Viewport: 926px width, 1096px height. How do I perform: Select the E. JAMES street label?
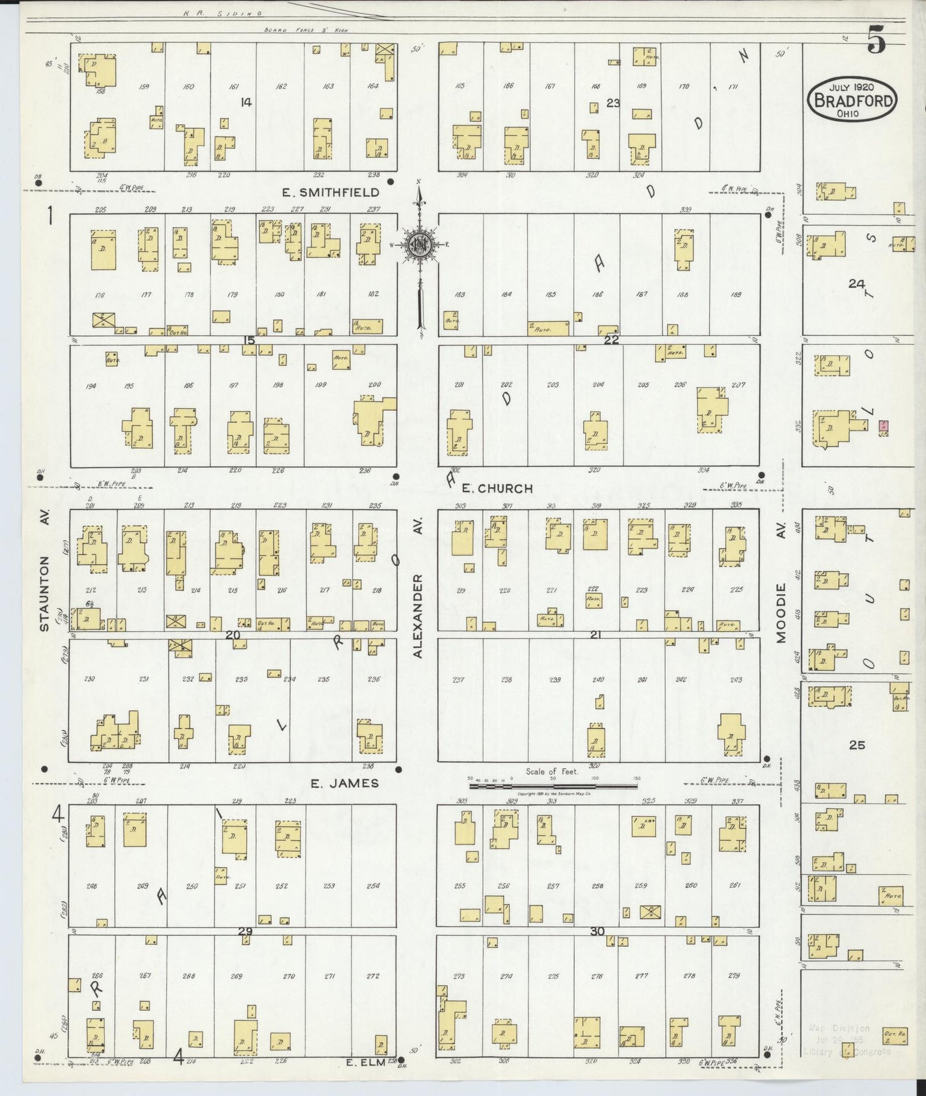(x=344, y=783)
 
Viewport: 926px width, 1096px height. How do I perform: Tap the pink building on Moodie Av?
(x=884, y=426)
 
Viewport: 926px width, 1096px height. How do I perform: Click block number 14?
(x=245, y=102)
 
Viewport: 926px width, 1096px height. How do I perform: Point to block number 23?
(x=613, y=102)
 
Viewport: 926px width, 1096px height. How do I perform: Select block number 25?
(x=857, y=745)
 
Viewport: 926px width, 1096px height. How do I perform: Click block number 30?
(x=597, y=931)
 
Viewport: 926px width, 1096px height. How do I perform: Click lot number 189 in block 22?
(x=736, y=294)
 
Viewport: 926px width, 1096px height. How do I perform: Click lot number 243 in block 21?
(x=736, y=680)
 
